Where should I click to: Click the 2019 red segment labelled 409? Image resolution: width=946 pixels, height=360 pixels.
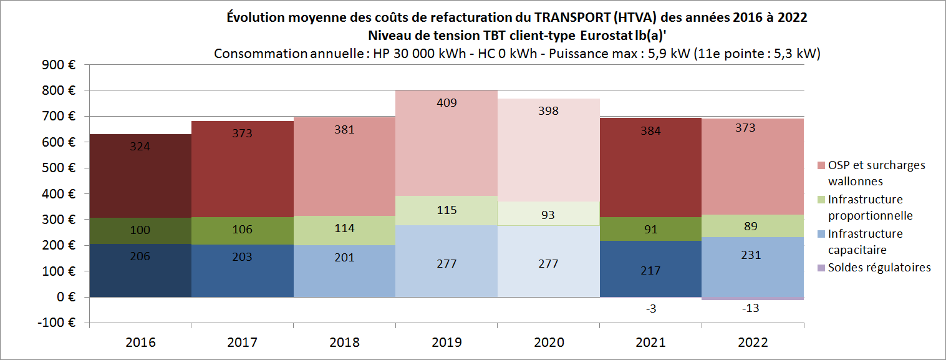446,144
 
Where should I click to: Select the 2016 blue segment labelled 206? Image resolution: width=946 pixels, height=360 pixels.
140,271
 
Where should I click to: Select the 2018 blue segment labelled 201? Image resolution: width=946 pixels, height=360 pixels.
344,271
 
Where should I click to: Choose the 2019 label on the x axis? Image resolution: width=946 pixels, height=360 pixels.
446,343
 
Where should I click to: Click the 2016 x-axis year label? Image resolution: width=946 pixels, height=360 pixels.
140,343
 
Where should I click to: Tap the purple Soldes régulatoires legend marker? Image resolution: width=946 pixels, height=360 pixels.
821,268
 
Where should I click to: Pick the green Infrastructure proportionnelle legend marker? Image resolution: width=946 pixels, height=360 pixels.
821,200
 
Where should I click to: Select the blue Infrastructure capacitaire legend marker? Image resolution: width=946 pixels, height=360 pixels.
821,234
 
